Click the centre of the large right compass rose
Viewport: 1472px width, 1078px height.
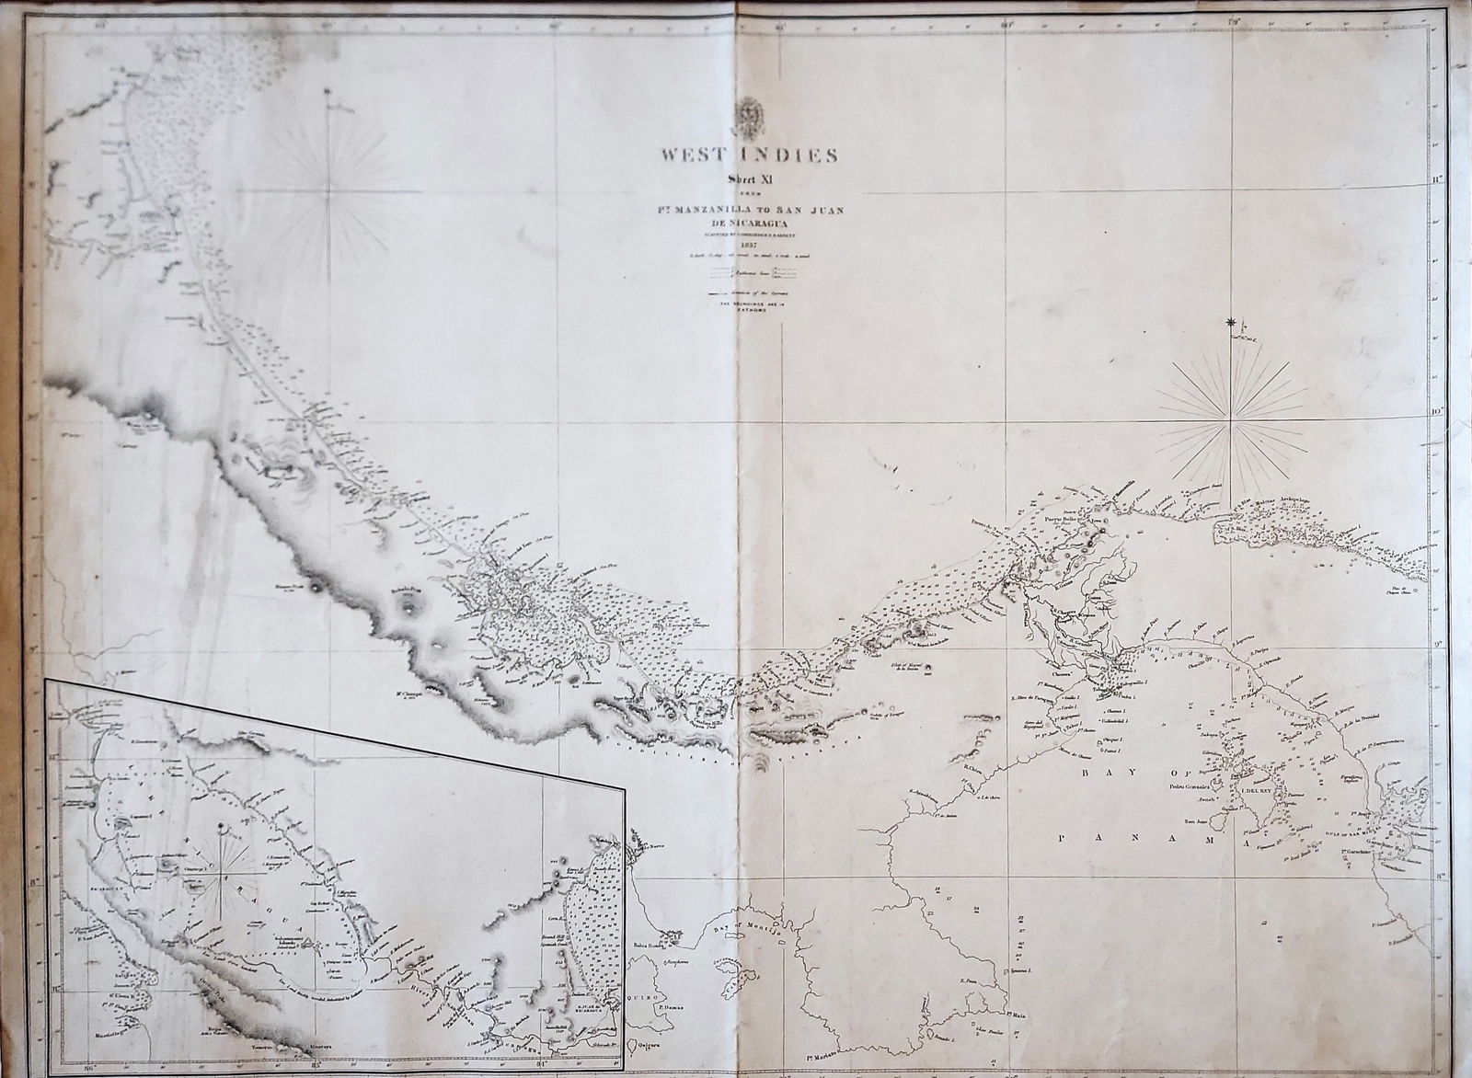point(1232,418)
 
